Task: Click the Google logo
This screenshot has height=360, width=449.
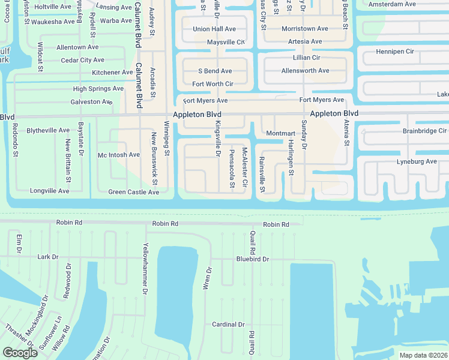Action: (20, 353)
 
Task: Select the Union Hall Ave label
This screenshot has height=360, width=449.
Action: (214, 29)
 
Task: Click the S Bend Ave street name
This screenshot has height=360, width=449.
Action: (215, 71)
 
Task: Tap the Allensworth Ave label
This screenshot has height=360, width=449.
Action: (305, 71)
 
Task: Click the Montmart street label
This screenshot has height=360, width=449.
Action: (281, 133)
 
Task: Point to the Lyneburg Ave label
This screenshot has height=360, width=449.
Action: (417, 162)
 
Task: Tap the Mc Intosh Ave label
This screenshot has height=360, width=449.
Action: (119, 155)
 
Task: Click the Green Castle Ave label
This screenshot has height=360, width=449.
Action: (133, 193)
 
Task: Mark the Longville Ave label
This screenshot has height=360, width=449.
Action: (50, 191)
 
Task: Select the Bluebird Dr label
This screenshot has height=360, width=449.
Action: (253, 259)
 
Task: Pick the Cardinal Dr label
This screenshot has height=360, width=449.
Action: (228, 325)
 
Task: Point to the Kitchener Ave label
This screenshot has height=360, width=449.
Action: (112, 73)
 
